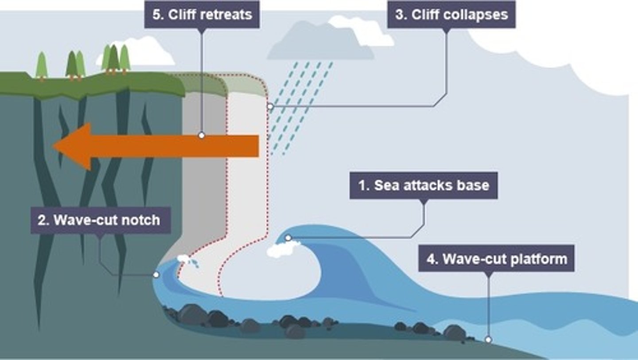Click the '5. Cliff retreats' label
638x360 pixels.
pyautogui.click(x=202, y=15)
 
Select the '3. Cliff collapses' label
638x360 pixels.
pyautogui.click(x=451, y=15)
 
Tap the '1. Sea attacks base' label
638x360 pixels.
pyautogui.click(x=424, y=185)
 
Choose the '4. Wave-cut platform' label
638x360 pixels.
pyautogui.click(x=497, y=258)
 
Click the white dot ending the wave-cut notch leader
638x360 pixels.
pyautogui.click(x=156, y=275)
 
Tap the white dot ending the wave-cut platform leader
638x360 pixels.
pyautogui.click(x=488, y=340)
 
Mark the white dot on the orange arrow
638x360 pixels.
pyautogui.click(x=202, y=135)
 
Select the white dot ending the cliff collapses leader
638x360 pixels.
pyautogui.click(x=270, y=106)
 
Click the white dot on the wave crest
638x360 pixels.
pyautogui.click(x=288, y=238)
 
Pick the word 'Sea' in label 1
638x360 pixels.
pyautogui.click(x=385, y=185)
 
